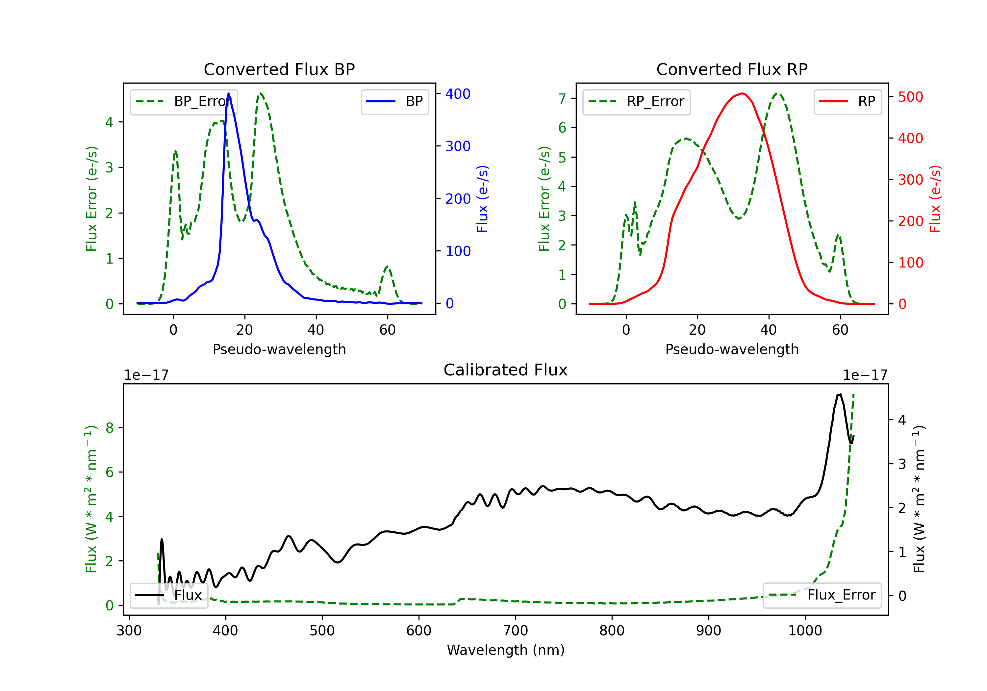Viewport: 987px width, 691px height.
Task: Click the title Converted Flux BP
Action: tap(279, 69)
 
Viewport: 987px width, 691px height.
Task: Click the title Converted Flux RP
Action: tap(732, 69)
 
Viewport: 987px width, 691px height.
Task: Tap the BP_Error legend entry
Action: tap(184, 101)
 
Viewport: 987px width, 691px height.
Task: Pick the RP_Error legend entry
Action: tap(636, 101)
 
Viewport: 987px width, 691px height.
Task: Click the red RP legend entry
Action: tap(847, 101)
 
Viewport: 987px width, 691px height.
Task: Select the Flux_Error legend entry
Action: tap(822, 595)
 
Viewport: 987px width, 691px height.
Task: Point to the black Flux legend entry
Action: tap(169, 595)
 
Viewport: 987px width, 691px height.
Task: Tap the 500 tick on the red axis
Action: tap(910, 97)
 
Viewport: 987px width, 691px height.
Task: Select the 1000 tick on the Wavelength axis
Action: tap(805, 631)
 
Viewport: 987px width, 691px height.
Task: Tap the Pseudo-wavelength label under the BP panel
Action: tap(279, 349)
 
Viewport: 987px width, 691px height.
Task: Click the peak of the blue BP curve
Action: tap(229, 93)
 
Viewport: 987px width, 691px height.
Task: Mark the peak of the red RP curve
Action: tap(743, 93)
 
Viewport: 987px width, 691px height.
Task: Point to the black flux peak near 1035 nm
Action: tap(840, 394)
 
